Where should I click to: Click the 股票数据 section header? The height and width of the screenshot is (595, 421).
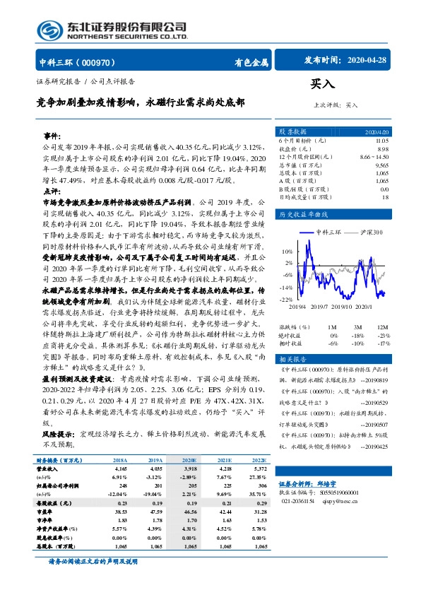click(x=292, y=131)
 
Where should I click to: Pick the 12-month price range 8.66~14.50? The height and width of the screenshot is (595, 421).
click(x=373, y=156)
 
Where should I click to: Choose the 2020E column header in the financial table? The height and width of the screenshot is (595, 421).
click(x=190, y=460)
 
